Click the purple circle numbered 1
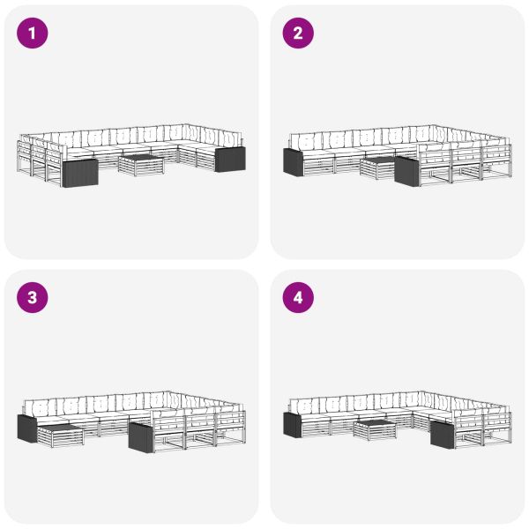pos(33,34)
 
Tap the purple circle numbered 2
pos(298,34)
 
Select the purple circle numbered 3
pos(33,298)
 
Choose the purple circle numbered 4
pos(298,298)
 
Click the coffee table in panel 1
pos(141,165)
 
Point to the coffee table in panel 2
pos(378,168)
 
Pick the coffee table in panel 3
pos(60,436)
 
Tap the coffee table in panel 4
pos(376,430)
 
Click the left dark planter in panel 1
pos(80,173)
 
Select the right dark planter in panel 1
pos(230,159)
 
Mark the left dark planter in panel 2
pos(294,162)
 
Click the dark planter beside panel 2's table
pos(406,171)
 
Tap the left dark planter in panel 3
pos(27,428)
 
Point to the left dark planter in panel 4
pos(293,425)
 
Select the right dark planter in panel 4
pos(443,435)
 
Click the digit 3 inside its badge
pos(33,298)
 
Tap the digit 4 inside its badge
pos(298,298)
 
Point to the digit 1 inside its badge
pos(32,34)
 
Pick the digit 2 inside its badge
pos(298,34)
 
